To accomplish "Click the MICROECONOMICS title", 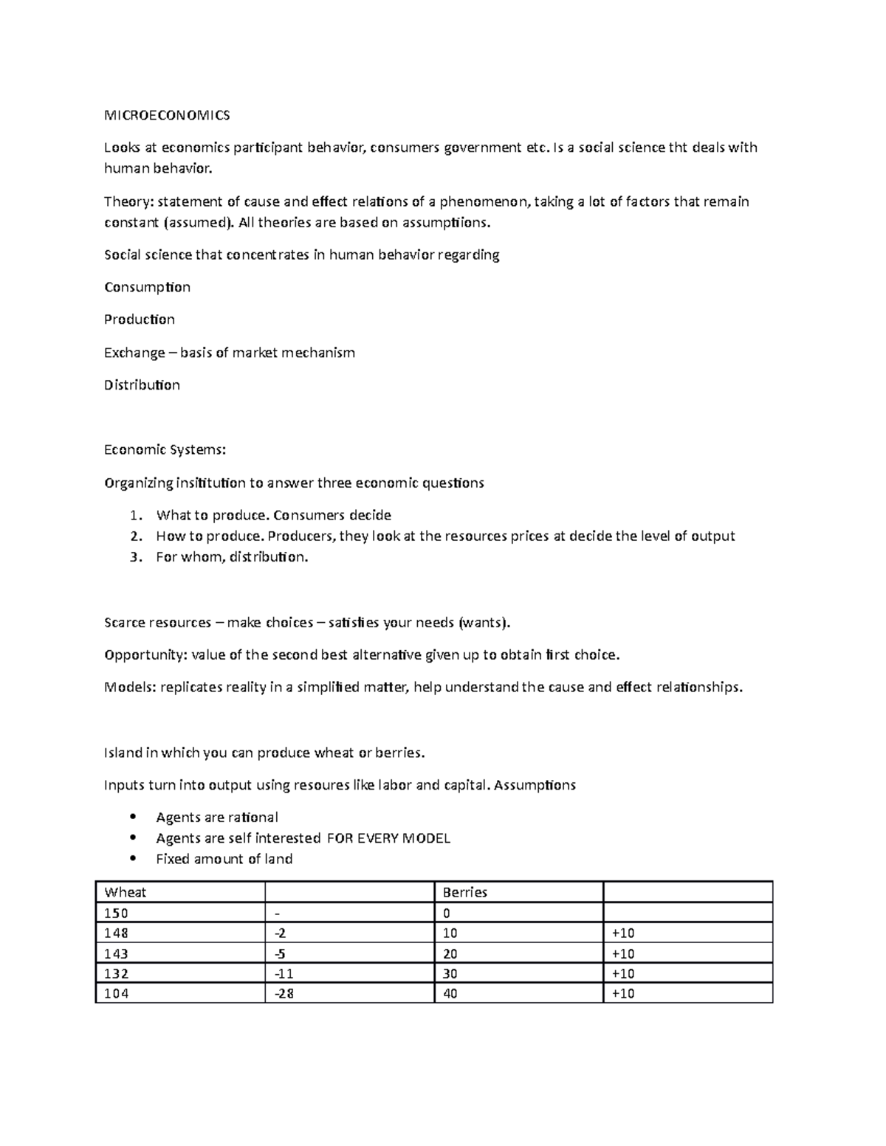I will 167,115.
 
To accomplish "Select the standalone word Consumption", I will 147,287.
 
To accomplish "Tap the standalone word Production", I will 140,320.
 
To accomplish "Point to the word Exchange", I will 134,353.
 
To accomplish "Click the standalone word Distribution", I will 142,385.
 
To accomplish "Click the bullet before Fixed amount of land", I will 133,858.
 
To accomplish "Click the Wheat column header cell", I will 179,892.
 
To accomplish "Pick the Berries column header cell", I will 518,892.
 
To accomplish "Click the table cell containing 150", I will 179,913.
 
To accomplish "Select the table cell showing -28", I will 348,993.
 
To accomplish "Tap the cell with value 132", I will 179,973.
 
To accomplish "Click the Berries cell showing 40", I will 518,993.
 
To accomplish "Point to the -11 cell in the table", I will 348,973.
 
